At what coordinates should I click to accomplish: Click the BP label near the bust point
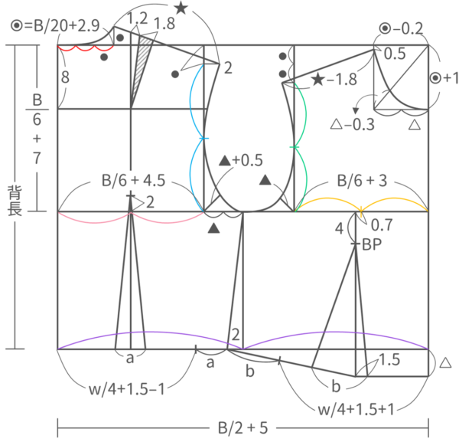click(x=372, y=244)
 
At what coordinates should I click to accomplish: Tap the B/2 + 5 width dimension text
click(x=243, y=428)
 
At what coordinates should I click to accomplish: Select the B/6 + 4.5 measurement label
click(x=133, y=180)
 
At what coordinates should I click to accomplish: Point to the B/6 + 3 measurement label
click(x=362, y=180)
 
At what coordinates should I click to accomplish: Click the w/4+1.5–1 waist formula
click(x=127, y=389)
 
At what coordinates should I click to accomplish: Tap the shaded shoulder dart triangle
click(x=142, y=71)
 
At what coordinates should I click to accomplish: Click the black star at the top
click(x=181, y=8)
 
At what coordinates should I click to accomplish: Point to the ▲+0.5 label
click(x=241, y=160)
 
